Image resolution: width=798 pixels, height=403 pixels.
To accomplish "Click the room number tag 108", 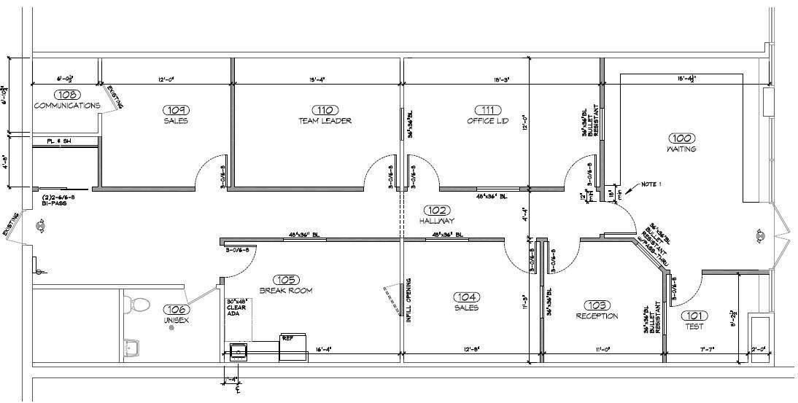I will (66, 95).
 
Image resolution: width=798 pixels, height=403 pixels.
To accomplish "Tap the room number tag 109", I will (175, 109).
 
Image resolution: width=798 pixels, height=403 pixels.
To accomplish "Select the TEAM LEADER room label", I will (325, 121).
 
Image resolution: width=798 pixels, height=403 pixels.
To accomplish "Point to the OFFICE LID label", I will (487, 121).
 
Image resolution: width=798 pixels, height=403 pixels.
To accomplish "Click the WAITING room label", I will (681, 149).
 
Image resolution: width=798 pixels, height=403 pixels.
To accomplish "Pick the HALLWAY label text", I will (437, 221).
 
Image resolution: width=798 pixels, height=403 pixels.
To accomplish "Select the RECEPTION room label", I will (597, 316).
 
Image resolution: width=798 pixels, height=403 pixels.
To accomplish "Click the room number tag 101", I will (693, 315).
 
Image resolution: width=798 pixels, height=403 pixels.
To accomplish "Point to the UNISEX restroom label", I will (175, 320).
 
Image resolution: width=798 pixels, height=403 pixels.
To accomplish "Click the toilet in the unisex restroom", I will (139, 303).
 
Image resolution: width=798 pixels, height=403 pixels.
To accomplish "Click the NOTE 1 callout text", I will (651, 184).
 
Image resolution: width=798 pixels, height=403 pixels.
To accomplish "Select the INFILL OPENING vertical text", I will (408, 300).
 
